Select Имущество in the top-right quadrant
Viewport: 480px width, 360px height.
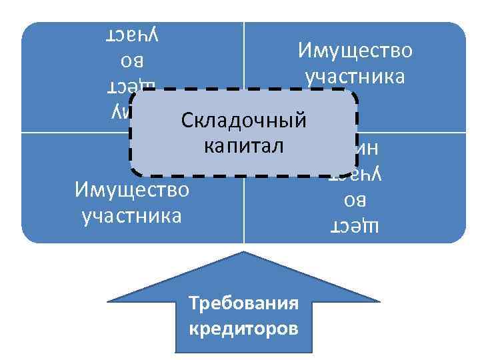pyautogui.click(x=355, y=51)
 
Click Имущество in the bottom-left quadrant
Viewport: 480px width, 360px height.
pyautogui.click(x=132, y=191)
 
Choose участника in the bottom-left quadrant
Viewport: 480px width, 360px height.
pyautogui.click(x=132, y=216)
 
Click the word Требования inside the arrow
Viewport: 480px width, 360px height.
pyautogui.click(x=243, y=304)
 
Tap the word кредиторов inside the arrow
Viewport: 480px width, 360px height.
pyautogui.click(x=243, y=329)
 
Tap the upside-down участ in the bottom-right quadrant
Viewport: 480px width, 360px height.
pyautogui.click(x=355, y=175)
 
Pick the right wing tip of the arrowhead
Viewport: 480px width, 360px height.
pyautogui.click(x=380, y=302)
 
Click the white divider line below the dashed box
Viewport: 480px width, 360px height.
pyautogui.click(x=244, y=210)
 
